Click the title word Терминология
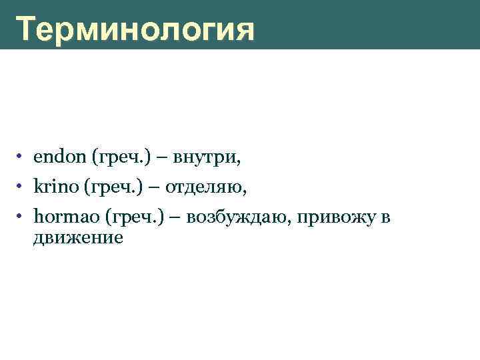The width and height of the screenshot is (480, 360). point(135,30)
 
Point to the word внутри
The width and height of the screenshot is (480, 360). point(207,158)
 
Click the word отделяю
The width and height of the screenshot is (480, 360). point(207,188)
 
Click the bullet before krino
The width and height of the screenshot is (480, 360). point(22,187)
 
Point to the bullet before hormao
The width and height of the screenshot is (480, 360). point(22,217)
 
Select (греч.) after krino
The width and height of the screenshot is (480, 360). point(111,188)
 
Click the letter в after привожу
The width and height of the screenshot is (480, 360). point(385,219)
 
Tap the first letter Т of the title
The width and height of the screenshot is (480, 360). point(27,30)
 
